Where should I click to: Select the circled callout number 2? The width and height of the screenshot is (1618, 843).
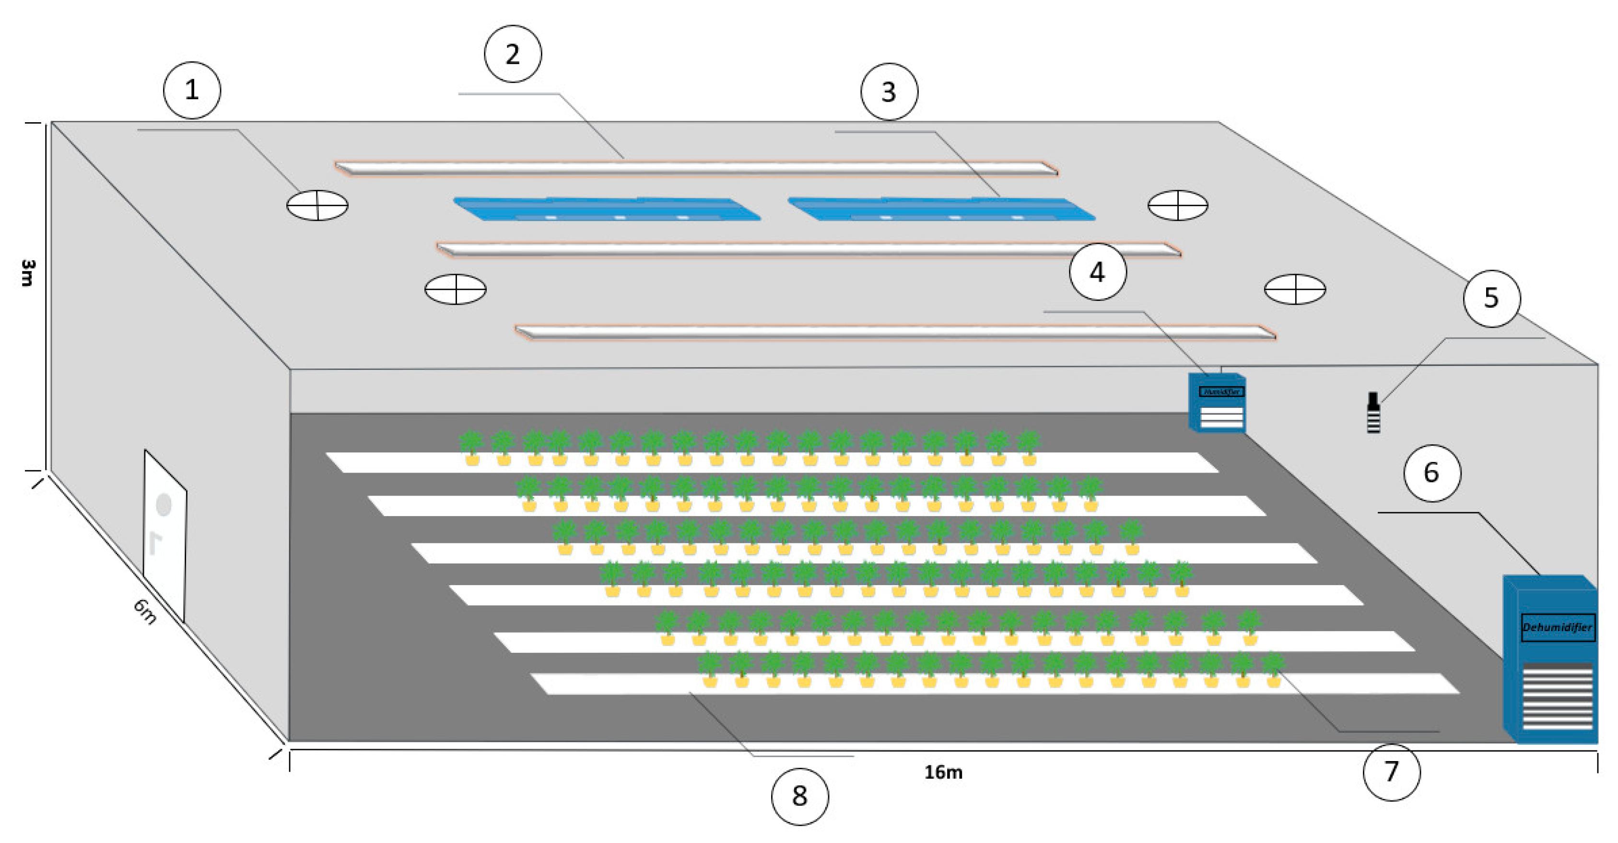(x=513, y=54)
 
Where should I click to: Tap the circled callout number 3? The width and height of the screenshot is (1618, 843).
(x=889, y=92)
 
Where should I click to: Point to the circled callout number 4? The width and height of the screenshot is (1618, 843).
(x=1097, y=272)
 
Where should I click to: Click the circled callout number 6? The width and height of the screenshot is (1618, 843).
(x=1431, y=473)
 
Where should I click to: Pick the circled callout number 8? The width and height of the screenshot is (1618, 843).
(x=799, y=796)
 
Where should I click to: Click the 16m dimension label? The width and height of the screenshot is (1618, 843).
(x=943, y=772)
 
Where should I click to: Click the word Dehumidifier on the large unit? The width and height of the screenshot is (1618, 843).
(x=1557, y=627)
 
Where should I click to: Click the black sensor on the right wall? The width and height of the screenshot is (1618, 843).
(x=1373, y=413)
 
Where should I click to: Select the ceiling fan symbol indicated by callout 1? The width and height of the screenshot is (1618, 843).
(x=317, y=205)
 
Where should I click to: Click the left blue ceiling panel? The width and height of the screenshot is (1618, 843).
(x=607, y=209)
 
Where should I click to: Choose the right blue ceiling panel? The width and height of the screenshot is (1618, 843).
(x=941, y=209)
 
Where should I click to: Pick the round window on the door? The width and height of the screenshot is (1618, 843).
(x=164, y=505)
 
